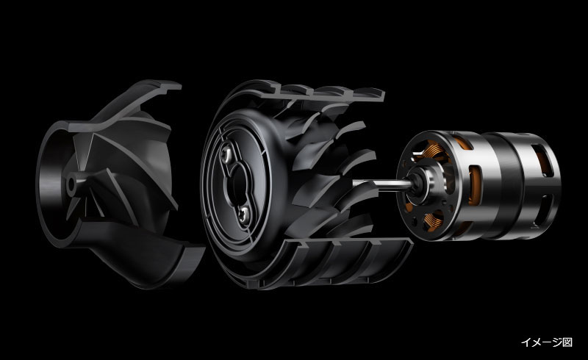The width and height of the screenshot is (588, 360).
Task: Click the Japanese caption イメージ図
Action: click(x=546, y=342)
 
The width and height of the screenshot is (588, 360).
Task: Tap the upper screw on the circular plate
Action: click(x=228, y=153)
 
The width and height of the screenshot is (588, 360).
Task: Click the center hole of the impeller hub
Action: click(x=71, y=184)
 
